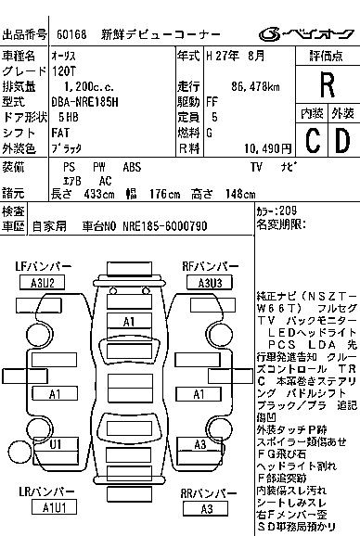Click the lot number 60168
(x=71, y=35)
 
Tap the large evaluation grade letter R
(x=327, y=85)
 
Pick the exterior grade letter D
(x=341, y=141)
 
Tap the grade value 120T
(x=65, y=70)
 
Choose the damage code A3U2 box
(x=47, y=282)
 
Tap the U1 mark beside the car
(x=56, y=444)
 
